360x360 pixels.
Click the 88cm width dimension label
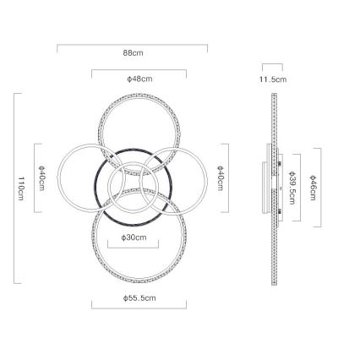133,53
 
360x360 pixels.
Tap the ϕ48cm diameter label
139,79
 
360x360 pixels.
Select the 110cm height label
20,188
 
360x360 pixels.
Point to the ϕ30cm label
134,237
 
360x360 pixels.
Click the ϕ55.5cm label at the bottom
139,298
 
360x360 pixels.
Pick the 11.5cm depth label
273,79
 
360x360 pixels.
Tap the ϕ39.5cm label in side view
292,188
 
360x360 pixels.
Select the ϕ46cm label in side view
313,188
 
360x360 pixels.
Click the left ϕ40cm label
41,178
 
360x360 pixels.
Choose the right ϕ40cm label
221,178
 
